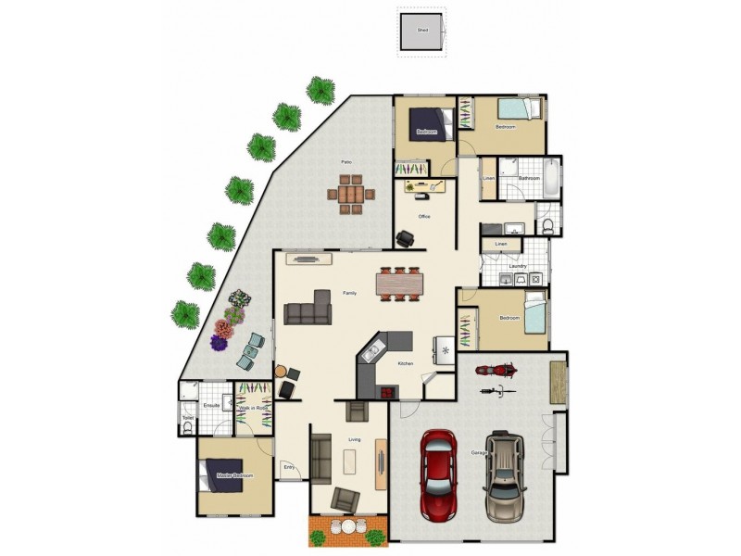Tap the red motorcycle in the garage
pyautogui.click(x=495, y=371)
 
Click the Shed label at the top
pyautogui.click(x=422, y=31)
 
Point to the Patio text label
pyautogui.click(x=345, y=162)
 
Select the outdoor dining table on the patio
pyautogui.click(x=350, y=196)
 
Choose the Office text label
pyautogui.click(x=424, y=217)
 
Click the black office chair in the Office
pyautogui.click(x=406, y=238)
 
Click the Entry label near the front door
pyautogui.click(x=289, y=467)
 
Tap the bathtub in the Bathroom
pyautogui.click(x=550, y=177)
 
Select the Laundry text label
pyautogui.click(x=517, y=266)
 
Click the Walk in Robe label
pyautogui.click(x=252, y=408)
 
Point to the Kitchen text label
pyautogui.click(x=405, y=363)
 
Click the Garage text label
pyautogui.click(x=479, y=452)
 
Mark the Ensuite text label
pyautogui.click(x=211, y=406)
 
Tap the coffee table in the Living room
pyautogui.click(x=350, y=461)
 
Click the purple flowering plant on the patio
pyautogui.click(x=219, y=343)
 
